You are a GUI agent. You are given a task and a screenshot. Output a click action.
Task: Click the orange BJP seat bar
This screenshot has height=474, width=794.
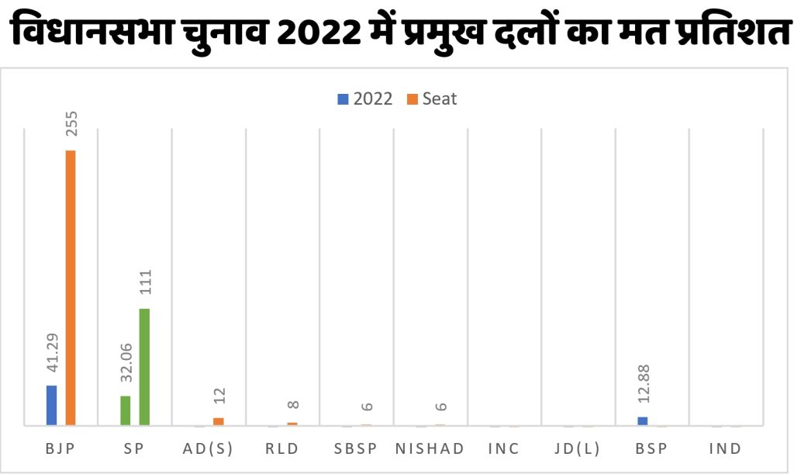(x=71, y=287)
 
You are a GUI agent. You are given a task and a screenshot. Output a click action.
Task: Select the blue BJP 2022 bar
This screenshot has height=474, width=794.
(x=52, y=405)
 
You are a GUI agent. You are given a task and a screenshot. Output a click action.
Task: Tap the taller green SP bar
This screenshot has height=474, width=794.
(x=144, y=367)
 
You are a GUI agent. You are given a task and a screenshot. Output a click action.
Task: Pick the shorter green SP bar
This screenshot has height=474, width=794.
(x=126, y=410)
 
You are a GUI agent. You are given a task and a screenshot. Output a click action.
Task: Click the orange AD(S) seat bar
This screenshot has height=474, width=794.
(x=219, y=421)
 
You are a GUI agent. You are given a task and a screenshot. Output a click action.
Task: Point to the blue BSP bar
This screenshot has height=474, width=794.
(x=642, y=421)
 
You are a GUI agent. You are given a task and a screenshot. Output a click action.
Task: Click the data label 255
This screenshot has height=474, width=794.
(x=71, y=123)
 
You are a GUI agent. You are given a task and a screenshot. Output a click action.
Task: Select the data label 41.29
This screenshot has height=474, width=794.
(x=53, y=355)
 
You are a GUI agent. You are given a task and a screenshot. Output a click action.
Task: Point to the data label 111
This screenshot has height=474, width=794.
(x=145, y=284)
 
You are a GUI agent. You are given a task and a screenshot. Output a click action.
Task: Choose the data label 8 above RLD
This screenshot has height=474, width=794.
(x=293, y=405)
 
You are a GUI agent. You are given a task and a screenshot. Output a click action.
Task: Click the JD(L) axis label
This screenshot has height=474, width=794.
(x=578, y=448)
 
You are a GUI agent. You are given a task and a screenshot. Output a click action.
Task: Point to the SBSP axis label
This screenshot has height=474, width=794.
(x=357, y=448)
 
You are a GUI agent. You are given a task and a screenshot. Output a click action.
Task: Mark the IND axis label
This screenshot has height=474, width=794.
(x=725, y=448)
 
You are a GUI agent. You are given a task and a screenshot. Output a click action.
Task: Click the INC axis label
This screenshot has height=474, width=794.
(x=504, y=448)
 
